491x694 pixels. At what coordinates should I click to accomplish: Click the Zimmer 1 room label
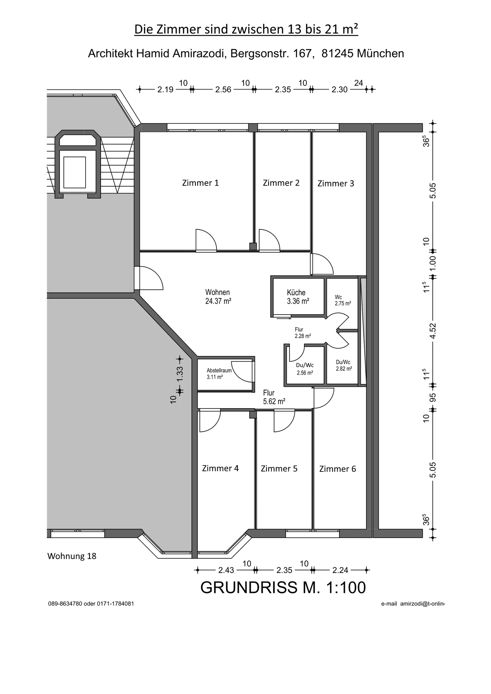point(200,183)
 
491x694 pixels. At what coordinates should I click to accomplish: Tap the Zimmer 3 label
point(336,183)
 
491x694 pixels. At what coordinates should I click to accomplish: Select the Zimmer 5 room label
point(279,469)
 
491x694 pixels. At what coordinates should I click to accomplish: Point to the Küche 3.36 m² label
point(298,297)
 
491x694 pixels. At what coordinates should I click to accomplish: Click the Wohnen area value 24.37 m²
point(218,301)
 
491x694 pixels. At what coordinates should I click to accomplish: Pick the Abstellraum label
point(219,370)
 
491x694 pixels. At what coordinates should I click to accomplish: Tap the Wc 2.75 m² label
point(343,301)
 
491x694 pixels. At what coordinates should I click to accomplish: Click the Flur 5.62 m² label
point(274,397)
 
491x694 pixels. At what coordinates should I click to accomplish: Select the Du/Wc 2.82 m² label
point(344,365)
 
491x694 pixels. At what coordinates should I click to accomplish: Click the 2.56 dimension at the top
point(223,89)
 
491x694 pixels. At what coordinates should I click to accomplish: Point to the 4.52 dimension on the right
point(433,331)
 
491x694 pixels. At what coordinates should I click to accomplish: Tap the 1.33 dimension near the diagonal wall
point(180,374)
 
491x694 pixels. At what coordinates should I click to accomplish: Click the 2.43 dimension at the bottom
point(226,570)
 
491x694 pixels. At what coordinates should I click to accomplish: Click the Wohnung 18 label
point(72,556)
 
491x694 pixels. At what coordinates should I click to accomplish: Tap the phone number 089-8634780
point(65,604)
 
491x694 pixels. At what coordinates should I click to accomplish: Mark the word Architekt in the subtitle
point(110,53)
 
